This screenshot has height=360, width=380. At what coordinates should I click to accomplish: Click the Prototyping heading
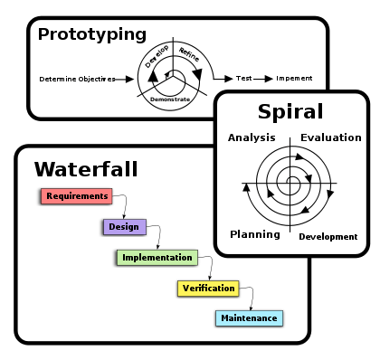[92, 34]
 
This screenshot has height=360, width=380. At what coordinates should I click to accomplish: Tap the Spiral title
[290, 112]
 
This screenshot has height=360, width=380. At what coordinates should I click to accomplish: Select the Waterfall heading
[86, 169]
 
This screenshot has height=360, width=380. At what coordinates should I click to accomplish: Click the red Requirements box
[77, 196]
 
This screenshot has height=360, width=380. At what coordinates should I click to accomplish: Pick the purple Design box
[125, 227]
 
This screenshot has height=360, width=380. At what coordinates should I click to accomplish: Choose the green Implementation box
[157, 258]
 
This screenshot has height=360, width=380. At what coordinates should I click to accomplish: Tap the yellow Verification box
[208, 289]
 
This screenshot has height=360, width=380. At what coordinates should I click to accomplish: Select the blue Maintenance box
[249, 318]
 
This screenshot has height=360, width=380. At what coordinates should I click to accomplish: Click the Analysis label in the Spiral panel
[252, 137]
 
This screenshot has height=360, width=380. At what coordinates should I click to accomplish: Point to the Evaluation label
[331, 137]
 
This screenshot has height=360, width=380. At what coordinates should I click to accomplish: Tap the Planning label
[255, 234]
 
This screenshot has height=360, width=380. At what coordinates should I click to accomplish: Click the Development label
[328, 237]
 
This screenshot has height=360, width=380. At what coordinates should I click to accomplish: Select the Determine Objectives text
[77, 80]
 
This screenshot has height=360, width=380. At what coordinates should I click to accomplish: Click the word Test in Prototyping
[243, 79]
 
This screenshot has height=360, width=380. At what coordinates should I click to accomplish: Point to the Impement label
[294, 79]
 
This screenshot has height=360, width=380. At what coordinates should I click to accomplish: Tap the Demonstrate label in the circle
[170, 99]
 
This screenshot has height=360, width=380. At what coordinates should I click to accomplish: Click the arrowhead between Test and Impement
[269, 79]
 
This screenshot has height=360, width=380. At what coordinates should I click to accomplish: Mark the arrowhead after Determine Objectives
[129, 80]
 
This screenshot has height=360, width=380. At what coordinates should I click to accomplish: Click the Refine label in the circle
[189, 54]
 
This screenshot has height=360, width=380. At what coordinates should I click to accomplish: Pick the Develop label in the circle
[157, 56]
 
